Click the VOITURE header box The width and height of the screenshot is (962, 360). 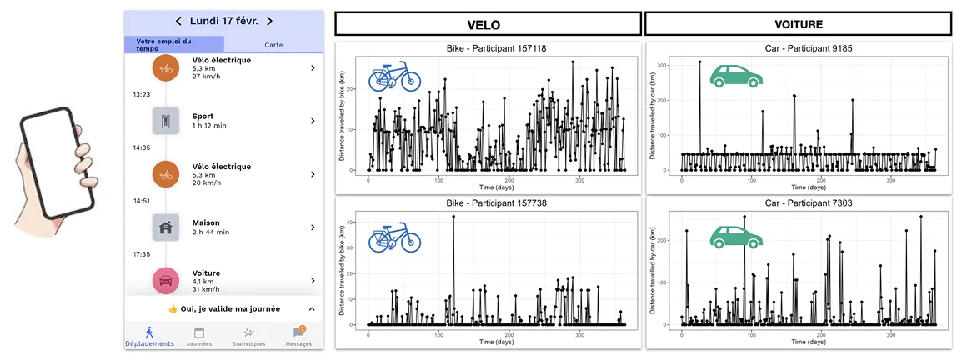(x=799, y=24)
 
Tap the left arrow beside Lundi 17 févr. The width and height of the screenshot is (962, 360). (x=178, y=21)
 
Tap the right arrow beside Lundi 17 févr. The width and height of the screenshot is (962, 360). (x=269, y=21)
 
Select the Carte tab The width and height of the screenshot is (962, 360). (x=273, y=45)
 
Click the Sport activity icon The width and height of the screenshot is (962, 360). (x=166, y=121)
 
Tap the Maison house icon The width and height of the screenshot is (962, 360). (x=166, y=227)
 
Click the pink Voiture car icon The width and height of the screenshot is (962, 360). (x=166, y=281)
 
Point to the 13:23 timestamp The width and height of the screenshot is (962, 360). (x=141, y=94)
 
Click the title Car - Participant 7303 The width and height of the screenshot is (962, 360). (x=799, y=202)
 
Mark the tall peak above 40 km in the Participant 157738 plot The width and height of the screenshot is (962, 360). (x=453, y=217)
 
